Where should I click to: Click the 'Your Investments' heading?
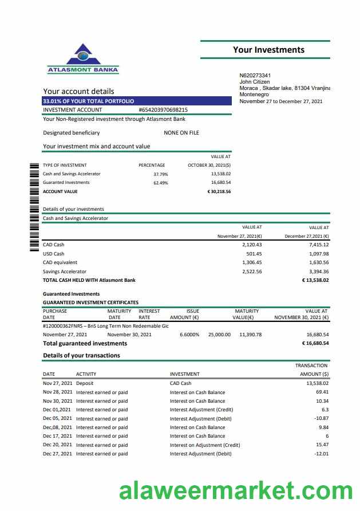pyautogui.click(x=268, y=50)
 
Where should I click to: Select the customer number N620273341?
pyautogui.click(x=255, y=76)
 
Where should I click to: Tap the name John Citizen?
pyautogui.click(x=254, y=82)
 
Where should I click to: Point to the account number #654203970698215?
pyautogui.click(x=163, y=109)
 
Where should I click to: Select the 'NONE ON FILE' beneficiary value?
pyautogui.click(x=181, y=132)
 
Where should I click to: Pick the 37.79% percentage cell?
pyautogui.click(x=161, y=174)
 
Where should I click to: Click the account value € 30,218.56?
pyautogui.click(x=219, y=191)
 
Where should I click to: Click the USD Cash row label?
pyautogui.click(x=54, y=254)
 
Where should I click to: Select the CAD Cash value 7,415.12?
pyautogui.click(x=318, y=245)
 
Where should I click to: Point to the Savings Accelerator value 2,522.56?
pyautogui.click(x=252, y=272)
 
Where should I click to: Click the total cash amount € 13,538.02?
pyautogui.click(x=315, y=280)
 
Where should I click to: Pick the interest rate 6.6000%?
pyautogui.click(x=189, y=335)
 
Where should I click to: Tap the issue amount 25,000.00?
pyautogui.click(x=219, y=335)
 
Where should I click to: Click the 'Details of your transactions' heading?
pyautogui.click(x=81, y=355)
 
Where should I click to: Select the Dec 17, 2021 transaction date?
pyautogui.click(x=58, y=436)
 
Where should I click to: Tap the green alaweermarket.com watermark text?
pyautogui.click(x=236, y=491)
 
